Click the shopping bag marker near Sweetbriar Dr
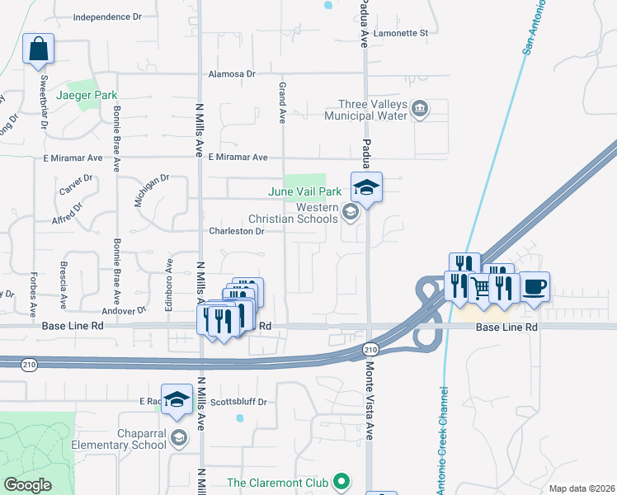point(38,49)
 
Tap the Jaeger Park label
point(87,95)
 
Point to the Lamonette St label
point(400,33)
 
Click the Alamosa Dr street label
point(238,73)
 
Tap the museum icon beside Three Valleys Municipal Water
point(420,109)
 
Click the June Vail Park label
point(304,192)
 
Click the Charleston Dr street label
point(236,232)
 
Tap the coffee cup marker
point(535,287)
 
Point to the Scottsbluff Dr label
point(239,402)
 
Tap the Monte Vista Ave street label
point(370,400)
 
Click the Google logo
point(27,485)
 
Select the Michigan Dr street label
point(152,190)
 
